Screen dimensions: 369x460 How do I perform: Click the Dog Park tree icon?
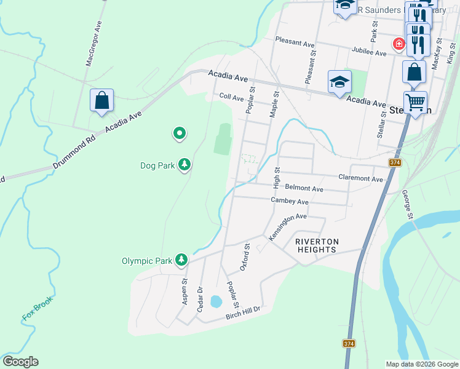click(184, 164)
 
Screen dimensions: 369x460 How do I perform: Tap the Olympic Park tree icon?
click(181, 260)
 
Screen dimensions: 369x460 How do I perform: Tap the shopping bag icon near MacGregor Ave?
click(102, 100)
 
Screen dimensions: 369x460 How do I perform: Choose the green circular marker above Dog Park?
click(180, 132)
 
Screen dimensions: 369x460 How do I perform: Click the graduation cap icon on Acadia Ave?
click(339, 82)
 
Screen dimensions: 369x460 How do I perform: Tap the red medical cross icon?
click(399, 44)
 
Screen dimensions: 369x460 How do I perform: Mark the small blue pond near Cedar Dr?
click(216, 301)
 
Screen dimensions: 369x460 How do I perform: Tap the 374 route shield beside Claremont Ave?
click(395, 163)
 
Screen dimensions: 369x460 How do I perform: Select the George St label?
click(408, 204)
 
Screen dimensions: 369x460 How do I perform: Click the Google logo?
click(20, 362)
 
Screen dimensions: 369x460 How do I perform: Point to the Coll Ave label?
click(232, 97)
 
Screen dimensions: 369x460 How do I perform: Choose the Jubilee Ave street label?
click(369, 52)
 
